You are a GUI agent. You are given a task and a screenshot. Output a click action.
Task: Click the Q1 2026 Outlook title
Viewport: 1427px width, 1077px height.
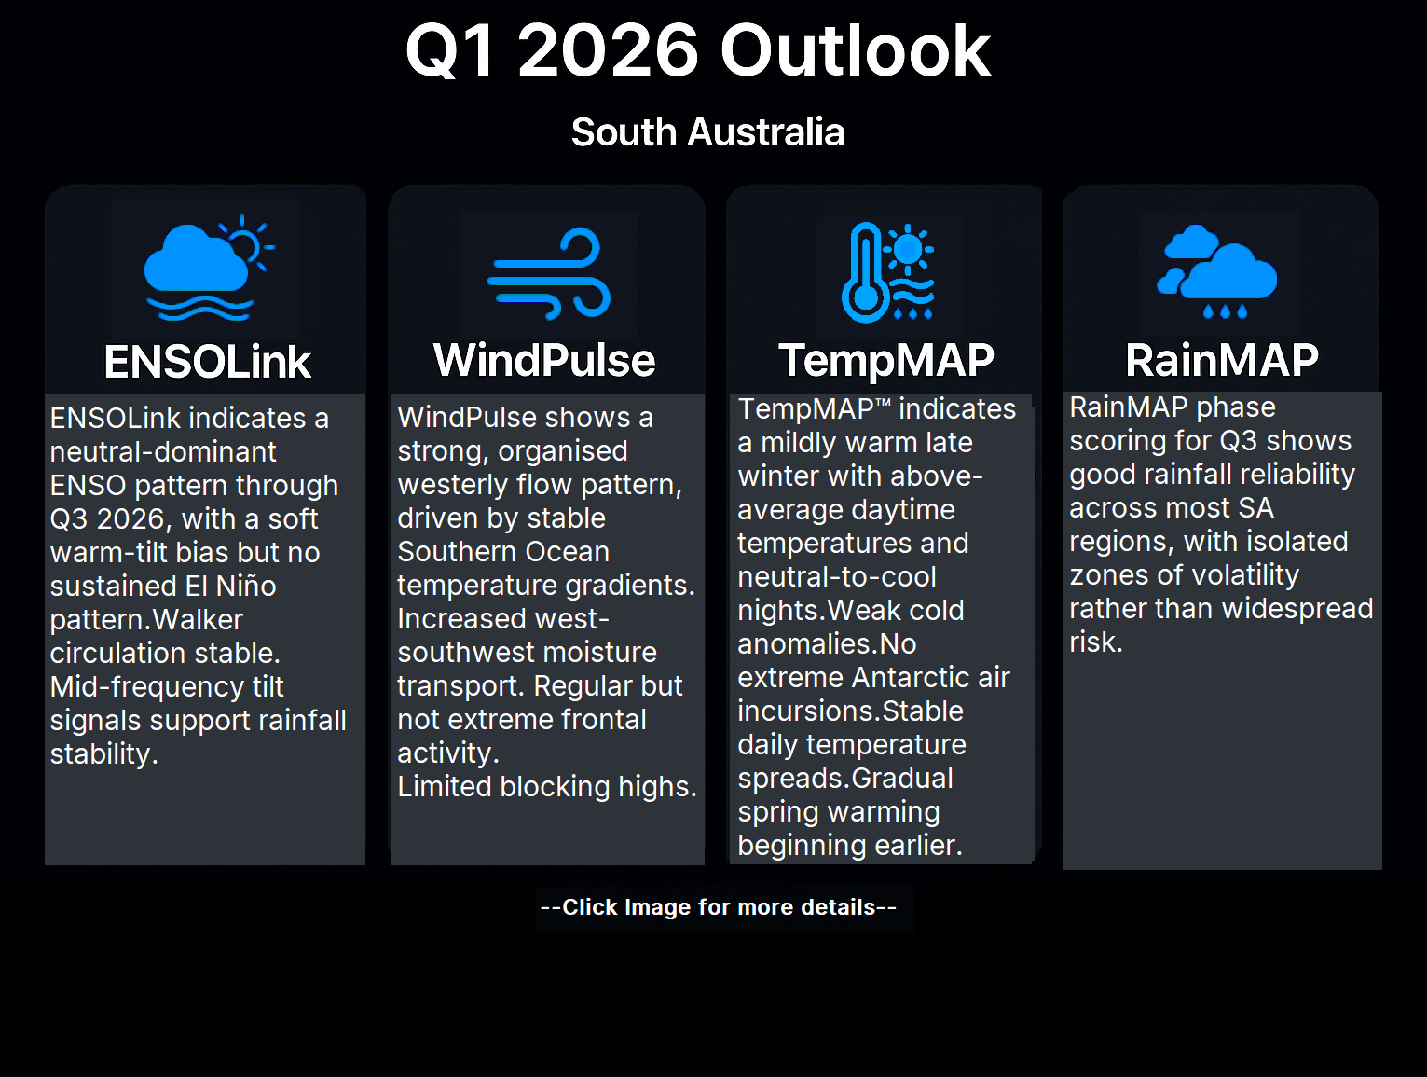(697, 50)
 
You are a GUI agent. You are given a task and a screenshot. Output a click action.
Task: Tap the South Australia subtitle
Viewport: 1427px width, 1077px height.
(707, 132)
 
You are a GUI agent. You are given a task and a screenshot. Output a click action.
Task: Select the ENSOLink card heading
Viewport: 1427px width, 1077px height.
(208, 362)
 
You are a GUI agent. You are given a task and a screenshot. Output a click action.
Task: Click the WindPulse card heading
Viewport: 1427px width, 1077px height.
(544, 360)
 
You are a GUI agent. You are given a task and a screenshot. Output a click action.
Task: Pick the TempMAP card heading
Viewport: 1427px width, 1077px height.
(886, 360)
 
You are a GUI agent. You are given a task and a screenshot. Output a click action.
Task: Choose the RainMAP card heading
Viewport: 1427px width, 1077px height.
(1222, 360)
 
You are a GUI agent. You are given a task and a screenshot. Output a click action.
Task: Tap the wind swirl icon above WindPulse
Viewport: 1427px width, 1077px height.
(549, 273)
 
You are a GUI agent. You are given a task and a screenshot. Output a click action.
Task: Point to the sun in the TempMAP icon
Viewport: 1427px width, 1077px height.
(908, 248)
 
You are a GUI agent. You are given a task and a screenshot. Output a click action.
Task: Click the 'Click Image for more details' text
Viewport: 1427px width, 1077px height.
(719, 907)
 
